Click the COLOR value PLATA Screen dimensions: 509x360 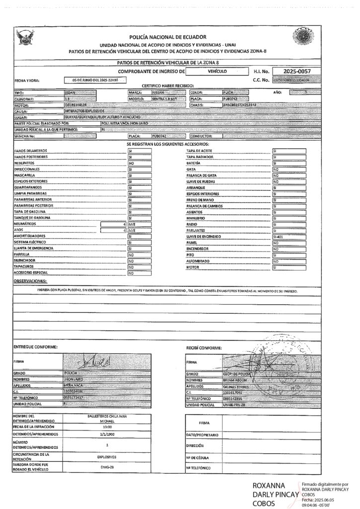(229, 92)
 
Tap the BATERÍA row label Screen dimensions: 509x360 (193, 163)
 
